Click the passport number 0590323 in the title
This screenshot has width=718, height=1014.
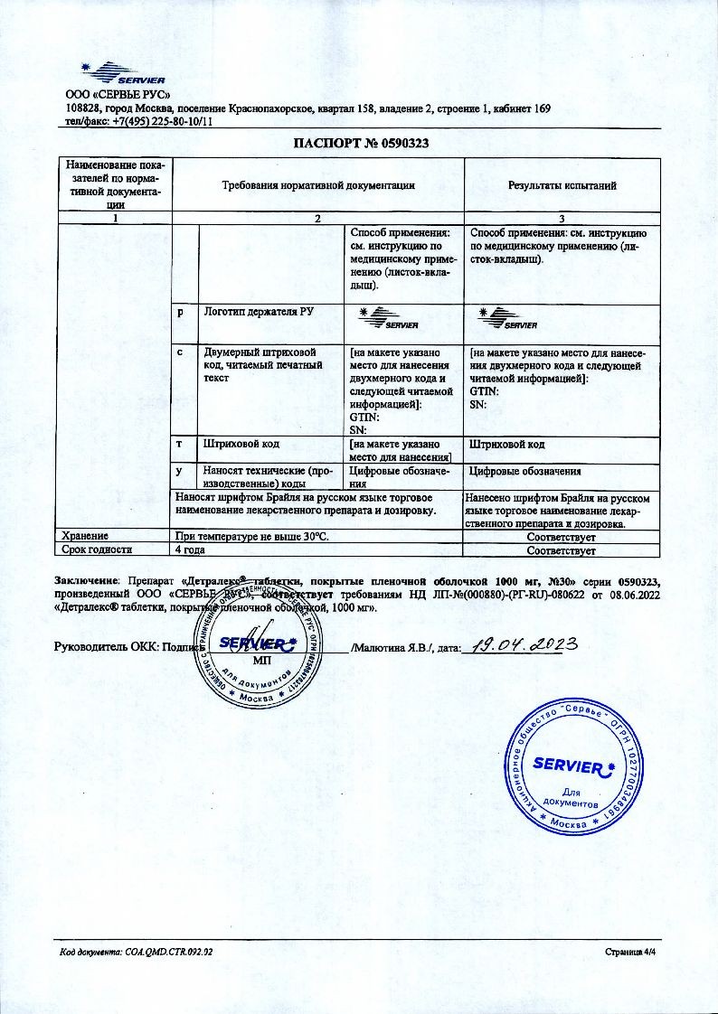point(401,143)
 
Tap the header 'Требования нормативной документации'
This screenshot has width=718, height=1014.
point(318,185)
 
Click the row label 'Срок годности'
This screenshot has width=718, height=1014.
point(97,549)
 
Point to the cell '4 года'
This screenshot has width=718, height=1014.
point(191,549)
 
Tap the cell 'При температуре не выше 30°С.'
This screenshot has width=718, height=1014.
point(252,536)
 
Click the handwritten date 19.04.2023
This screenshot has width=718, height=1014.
point(519,645)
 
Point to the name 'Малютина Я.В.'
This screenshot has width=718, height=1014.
point(394,648)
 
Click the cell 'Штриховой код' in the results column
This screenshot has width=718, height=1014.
point(507,445)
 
